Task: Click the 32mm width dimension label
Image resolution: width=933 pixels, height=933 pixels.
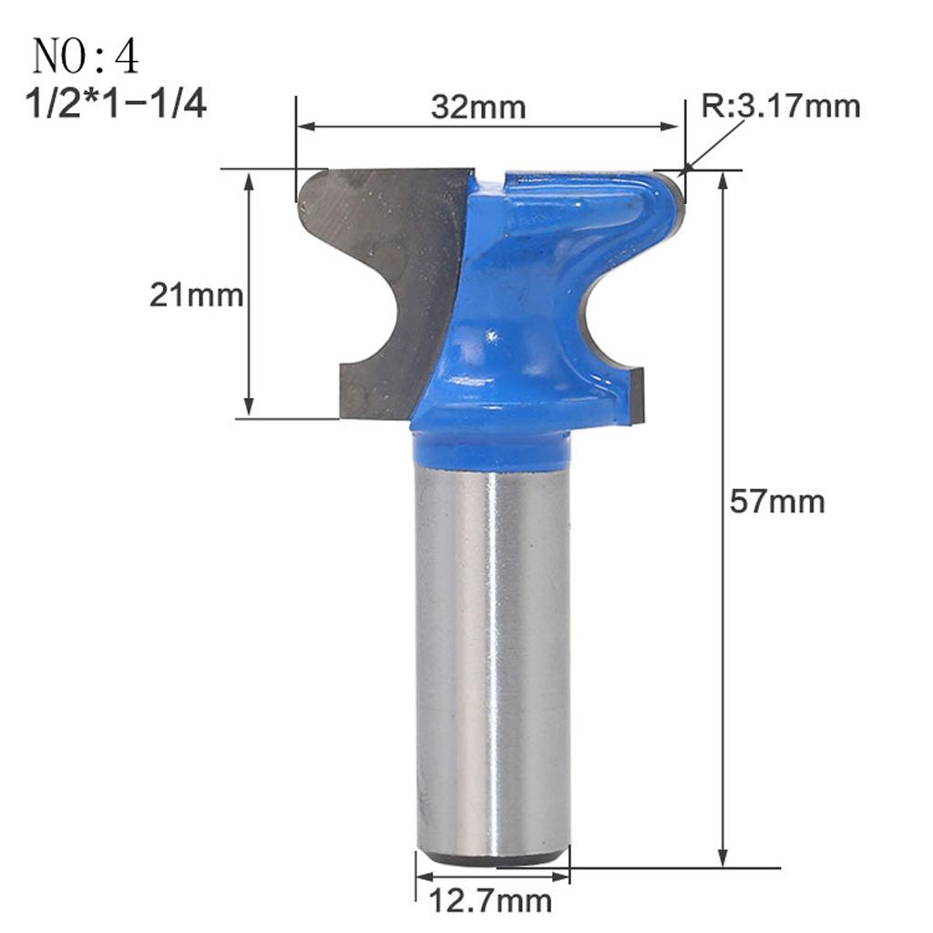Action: (x=478, y=108)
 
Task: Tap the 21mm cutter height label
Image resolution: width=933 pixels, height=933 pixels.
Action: (x=196, y=295)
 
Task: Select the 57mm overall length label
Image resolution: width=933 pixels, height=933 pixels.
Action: (x=776, y=501)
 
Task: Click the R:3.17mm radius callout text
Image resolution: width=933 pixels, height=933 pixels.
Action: (x=780, y=107)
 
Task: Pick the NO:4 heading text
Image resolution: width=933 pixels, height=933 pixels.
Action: (x=86, y=56)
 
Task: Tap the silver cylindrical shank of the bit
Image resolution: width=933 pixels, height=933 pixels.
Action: (x=492, y=656)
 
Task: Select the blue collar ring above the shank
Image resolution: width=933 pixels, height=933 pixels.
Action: (x=492, y=452)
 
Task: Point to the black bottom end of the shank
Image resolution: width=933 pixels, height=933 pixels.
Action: (x=492, y=858)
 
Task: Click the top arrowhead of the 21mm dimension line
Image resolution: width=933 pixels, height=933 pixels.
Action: (x=249, y=179)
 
